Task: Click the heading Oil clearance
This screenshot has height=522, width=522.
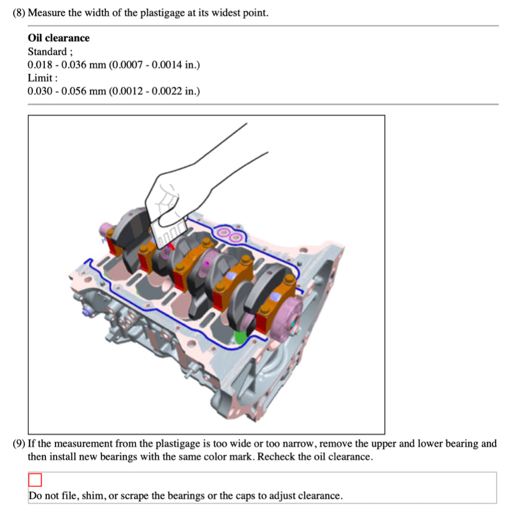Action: click(x=59, y=38)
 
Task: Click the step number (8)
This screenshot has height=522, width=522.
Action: click(x=19, y=13)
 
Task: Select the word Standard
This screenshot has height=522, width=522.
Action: click(x=47, y=51)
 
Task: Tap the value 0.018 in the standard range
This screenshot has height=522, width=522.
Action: click(x=40, y=65)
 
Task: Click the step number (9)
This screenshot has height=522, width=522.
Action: click(x=19, y=443)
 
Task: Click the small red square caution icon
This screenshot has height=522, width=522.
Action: click(x=35, y=480)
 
